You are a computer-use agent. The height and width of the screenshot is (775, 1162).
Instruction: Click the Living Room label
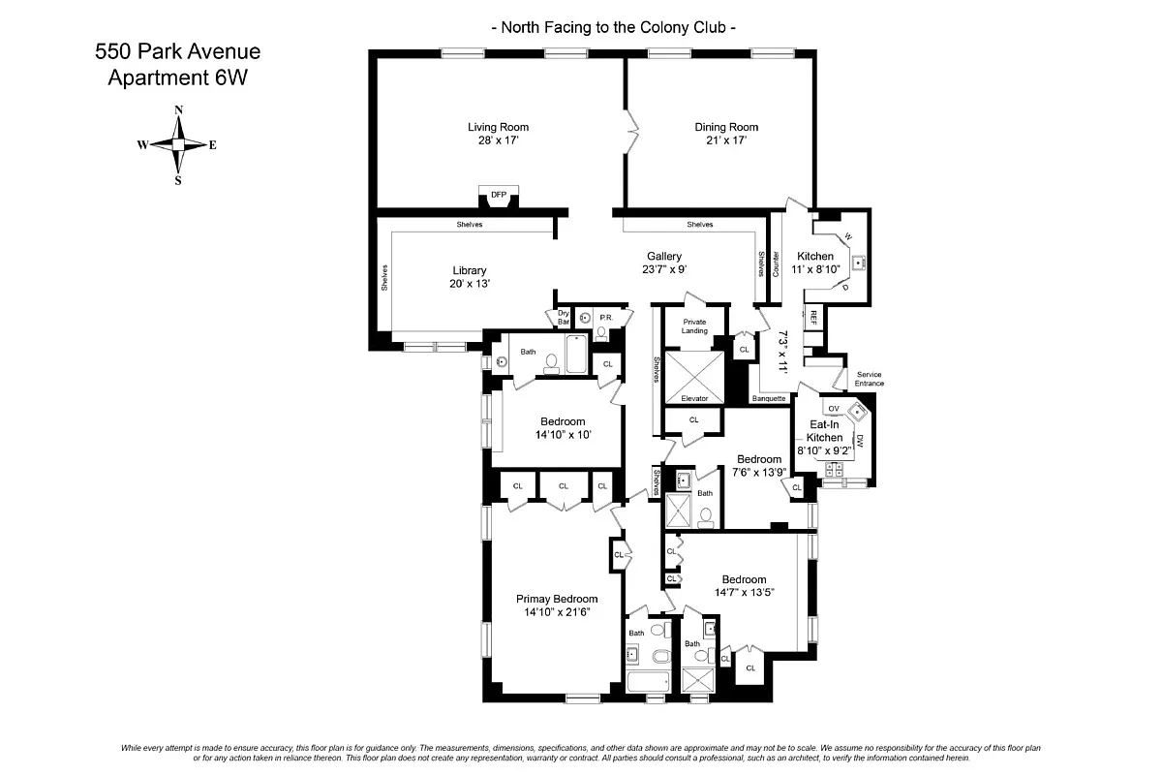[498, 127]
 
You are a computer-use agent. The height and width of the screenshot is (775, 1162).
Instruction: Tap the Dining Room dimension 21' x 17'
[725, 140]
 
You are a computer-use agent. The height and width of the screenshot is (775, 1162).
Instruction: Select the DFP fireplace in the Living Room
[499, 196]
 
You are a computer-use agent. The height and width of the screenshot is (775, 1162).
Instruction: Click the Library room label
[469, 270]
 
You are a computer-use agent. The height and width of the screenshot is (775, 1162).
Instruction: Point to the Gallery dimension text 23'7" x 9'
[665, 269]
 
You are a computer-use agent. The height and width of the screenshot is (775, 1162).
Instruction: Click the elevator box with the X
[694, 369]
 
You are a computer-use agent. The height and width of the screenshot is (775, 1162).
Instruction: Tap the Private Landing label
[694, 325]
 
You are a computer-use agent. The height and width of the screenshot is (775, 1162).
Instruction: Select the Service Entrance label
[869, 379]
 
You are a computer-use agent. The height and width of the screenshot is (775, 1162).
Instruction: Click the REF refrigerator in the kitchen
[813, 315]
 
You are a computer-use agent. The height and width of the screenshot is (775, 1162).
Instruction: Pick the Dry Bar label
[563, 317]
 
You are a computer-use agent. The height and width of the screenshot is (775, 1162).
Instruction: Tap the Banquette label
[768, 398]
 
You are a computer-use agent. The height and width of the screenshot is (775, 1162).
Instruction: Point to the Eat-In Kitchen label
[824, 431]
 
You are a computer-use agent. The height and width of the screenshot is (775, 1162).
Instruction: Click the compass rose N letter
[178, 110]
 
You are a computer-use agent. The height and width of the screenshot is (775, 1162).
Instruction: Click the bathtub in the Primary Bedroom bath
[649, 681]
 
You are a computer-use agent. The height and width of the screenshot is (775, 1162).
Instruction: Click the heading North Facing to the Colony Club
[613, 28]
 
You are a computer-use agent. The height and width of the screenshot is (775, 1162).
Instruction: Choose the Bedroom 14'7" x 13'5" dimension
[745, 593]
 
